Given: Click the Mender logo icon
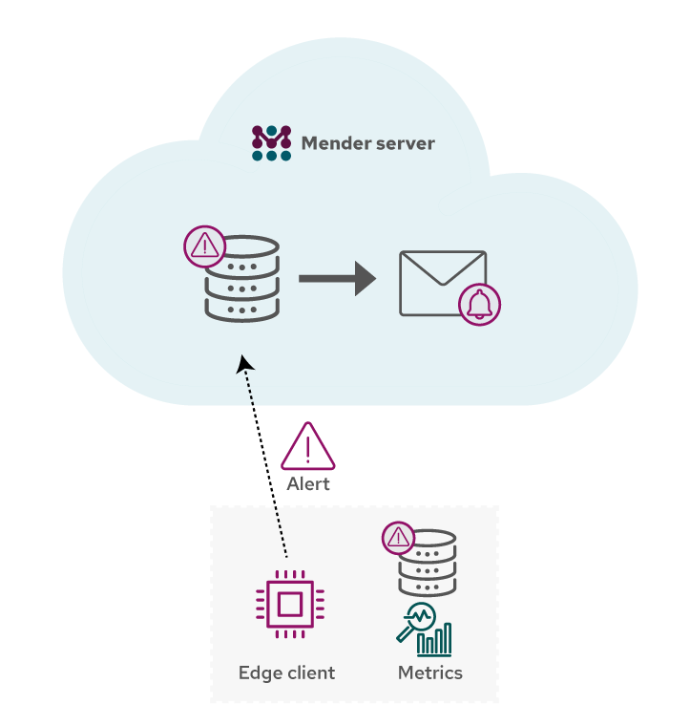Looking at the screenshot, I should [x=271, y=143].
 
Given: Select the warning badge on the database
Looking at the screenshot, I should [x=204, y=246].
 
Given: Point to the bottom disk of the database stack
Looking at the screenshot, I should [x=242, y=310].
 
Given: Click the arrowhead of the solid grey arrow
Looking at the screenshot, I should [x=365, y=278].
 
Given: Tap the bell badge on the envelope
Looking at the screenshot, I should [x=479, y=305].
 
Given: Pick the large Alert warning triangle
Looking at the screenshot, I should [x=307, y=448].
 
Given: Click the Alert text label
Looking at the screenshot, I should [x=308, y=484].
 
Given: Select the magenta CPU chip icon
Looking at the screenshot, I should [x=289, y=604].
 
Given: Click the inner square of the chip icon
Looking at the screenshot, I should [x=289, y=604].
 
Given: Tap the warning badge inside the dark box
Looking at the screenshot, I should [x=398, y=539].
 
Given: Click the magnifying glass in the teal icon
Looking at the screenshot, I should [x=417, y=618].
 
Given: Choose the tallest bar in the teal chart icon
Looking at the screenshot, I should [x=447, y=639].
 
